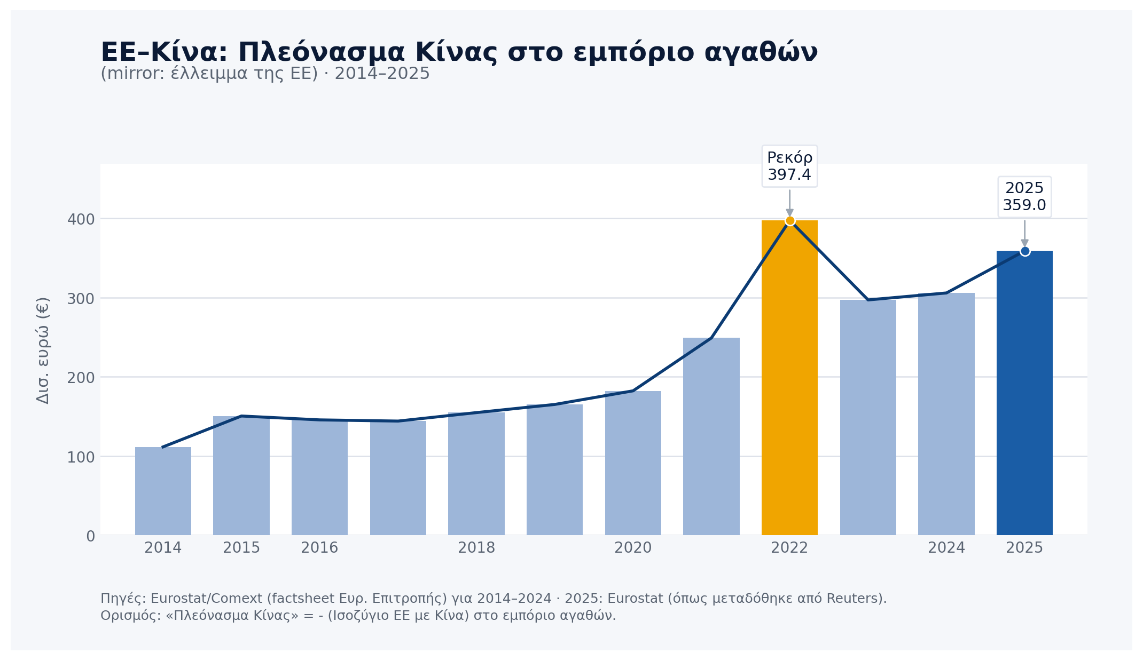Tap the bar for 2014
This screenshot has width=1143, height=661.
pos(163,491)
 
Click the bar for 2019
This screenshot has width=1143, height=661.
pos(554,469)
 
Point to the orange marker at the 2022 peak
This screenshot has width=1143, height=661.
pos(790,221)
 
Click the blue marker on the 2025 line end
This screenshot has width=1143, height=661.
pos(1025,251)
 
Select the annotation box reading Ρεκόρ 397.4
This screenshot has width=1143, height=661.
pos(789,166)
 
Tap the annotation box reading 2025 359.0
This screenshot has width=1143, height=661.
pos(1024,197)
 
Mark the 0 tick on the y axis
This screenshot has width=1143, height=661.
pos(90,536)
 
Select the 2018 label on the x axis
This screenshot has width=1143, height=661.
pos(476,548)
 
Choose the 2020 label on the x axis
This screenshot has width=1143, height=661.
pos(633,548)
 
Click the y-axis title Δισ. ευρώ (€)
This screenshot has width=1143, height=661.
pos(43,350)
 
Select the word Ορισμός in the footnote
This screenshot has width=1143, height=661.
pos(127,616)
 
